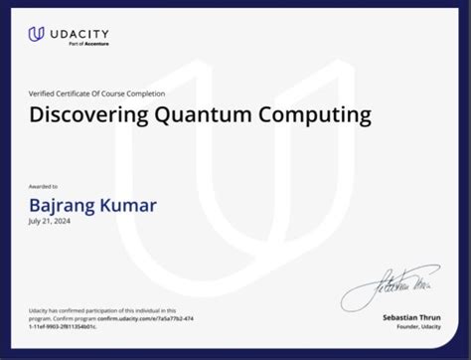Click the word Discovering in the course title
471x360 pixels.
pyautogui.click(x=87, y=115)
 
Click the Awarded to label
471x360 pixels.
pyautogui.click(x=44, y=186)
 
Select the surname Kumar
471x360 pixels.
pyautogui.click(x=131, y=206)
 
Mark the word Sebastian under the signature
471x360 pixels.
pyautogui.click(x=399, y=316)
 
